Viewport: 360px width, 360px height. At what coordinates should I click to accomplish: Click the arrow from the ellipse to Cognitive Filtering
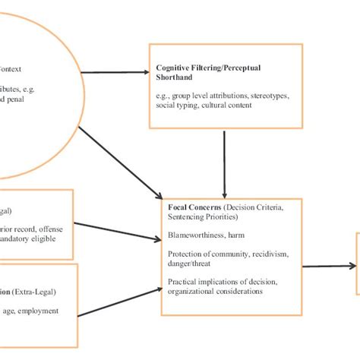[x=114, y=73]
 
